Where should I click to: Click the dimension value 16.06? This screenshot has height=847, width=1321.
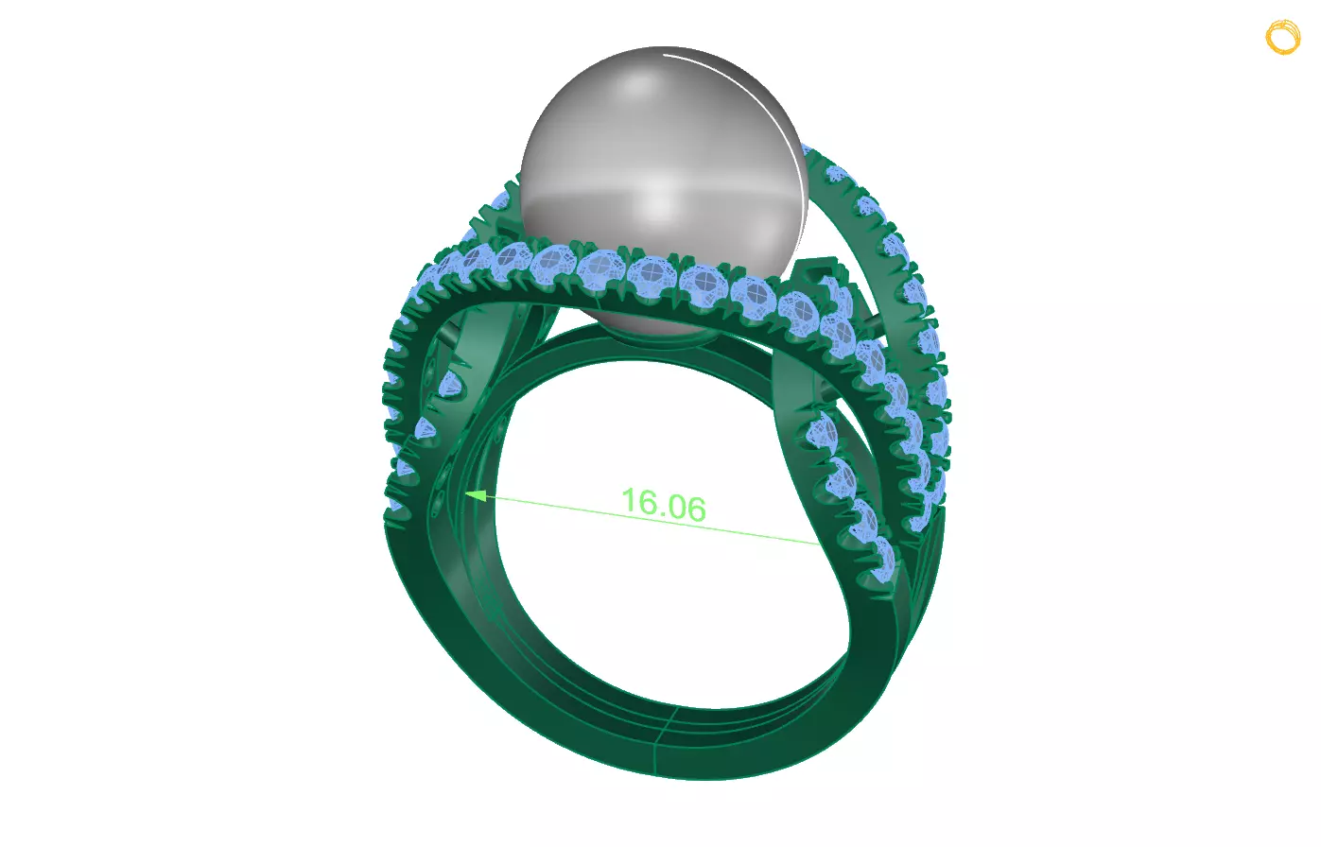pos(663,505)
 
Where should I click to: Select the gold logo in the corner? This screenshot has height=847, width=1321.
pos(1283,37)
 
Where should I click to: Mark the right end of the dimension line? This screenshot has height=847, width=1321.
pos(820,544)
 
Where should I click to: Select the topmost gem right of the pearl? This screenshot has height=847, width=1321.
pos(836,174)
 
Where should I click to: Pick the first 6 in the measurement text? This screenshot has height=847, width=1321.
pos(645,502)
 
